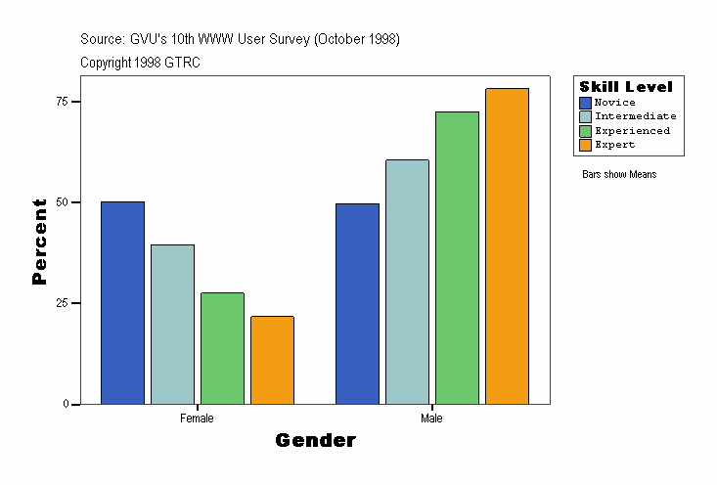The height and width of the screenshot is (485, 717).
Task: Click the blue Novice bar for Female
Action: pyautogui.click(x=122, y=303)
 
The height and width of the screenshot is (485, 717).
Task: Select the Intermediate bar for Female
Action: pyautogui.click(x=172, y=325)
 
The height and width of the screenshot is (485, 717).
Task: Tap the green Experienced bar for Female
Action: pyautogui.click(x=222, y=348)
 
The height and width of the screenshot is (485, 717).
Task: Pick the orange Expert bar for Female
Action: pyautogui.click(x=272, y=360)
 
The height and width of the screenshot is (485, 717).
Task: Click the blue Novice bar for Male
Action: pyautogui.click(x=357, y=304)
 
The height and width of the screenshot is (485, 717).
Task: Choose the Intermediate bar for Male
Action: pyautogui.click(x=407, y=282)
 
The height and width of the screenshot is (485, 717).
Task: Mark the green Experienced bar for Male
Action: pyautogui.click(x=457, y=258)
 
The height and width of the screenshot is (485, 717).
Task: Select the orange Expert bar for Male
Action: pyautogui.click(x=507, y=246)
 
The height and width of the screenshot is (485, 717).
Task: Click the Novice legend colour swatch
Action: pyautogui.click(x=586, y=103)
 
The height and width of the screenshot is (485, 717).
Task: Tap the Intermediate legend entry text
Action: pyautogui.click(x=635, y=116)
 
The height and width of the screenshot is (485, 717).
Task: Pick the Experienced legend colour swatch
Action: pyautogui.click(x=586, y=131)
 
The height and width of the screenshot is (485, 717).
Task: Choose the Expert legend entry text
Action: pyautogui.click(x=614, y=145)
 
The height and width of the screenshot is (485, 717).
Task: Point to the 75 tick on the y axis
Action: pyautogui.click(x=61, y=102)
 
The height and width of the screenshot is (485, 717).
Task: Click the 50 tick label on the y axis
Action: pyautogui.click(x=61, y=202)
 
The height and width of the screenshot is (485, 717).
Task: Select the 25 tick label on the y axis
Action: pyautogui.click(x=61, y=303)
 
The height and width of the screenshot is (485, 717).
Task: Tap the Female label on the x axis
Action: pyautogui.click(x=197, y=419)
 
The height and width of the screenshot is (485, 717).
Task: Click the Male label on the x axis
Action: pyautogui.click(x=431, y=419)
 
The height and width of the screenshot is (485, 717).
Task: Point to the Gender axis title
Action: pyautogui.click(x=315, y=441)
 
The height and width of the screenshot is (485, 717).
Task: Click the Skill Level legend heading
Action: pyautogui.click(x=626, y=87)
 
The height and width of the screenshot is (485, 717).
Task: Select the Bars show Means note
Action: pyautogui.click(x=619, y=175)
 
